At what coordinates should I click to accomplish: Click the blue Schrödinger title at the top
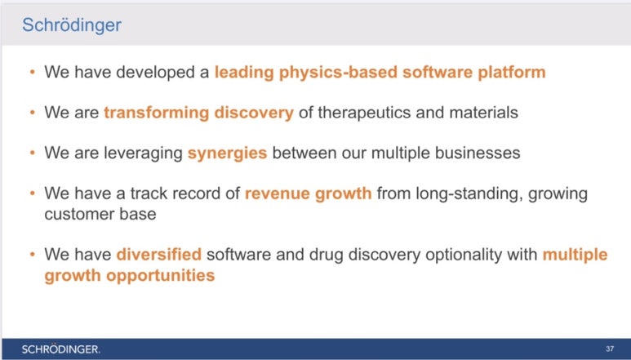pos(72,25)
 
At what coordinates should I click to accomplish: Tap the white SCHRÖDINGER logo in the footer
pos(60,349)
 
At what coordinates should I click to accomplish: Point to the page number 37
pos(610,349)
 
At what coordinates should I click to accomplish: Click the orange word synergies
pos(228,153)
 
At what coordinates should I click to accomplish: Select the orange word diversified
pos(159,254)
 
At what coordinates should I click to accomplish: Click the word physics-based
pos(338,73)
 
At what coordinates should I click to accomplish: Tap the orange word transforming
pos(157,113)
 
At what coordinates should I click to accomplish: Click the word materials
pos(483,112)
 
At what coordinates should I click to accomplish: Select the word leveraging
pos(144,153)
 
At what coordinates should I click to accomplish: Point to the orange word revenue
pos(278,193)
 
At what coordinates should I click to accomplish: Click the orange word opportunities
pos(160,277)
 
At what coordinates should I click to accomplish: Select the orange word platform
pos(512,73)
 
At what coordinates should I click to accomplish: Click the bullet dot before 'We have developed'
pos(33,73)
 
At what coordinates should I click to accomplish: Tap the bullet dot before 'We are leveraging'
pos(33,153)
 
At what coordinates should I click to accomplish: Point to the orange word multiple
pos(575,255)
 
